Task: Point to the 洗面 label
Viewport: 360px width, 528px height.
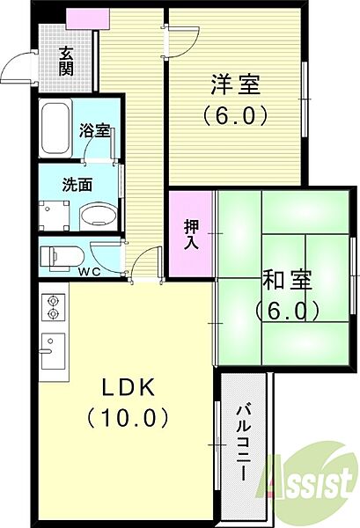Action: (77, 186)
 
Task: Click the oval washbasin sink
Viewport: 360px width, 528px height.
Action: (96, 215)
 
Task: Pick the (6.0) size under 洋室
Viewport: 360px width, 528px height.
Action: (236, 115)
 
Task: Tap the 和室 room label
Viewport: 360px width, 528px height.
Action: (286, 282)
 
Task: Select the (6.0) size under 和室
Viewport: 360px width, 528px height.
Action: (286, 311)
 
